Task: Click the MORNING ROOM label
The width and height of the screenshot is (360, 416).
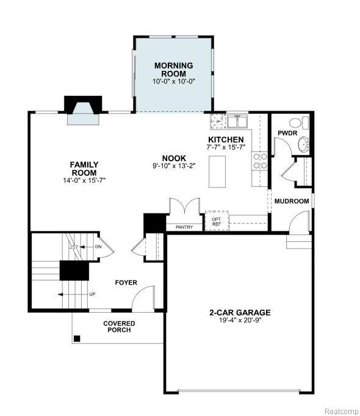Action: point(174,70)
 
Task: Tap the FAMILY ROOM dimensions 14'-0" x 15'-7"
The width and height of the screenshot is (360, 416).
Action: point(84,180)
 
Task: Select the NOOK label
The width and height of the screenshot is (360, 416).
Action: point(174,158)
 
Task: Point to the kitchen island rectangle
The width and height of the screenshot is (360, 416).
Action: point(217,172)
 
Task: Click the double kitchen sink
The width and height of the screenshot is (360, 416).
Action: point(237,122)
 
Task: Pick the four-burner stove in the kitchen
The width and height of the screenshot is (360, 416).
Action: point(260,161)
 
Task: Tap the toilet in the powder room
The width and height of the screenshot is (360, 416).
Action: point(299,123)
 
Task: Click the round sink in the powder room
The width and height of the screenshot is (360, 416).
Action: point(303,145)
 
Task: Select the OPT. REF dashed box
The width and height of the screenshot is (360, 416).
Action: point(217,221)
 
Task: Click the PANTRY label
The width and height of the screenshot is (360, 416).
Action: point(184,227)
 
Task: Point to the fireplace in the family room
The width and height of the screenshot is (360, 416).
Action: point(83,110)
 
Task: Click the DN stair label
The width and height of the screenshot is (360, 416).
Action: point(98,247)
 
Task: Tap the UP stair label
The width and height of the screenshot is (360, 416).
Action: point(92,294)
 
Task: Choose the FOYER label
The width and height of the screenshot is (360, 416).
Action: point(126,283)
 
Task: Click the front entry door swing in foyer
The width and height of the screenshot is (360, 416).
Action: point(143,297)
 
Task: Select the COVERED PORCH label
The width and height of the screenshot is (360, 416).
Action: point(119,327)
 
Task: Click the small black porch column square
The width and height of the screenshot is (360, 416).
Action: point(77,338)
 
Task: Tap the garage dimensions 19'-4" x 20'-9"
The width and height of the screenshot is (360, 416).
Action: point(240,320)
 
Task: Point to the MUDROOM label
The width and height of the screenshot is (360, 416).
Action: point(292,201)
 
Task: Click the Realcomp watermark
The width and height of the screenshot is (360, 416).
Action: point(342,411)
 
